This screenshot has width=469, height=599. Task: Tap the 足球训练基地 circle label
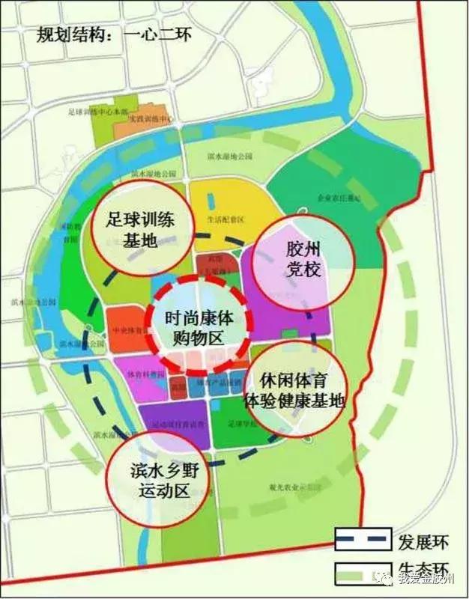[x=136, y=231]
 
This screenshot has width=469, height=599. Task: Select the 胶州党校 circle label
[x=292, y=259]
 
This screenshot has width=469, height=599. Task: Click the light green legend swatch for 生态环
[x=363, y=571]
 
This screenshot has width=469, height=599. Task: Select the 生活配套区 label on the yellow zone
[x=226, y=219]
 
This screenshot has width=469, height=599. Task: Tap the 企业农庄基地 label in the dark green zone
[x=338, y=198]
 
